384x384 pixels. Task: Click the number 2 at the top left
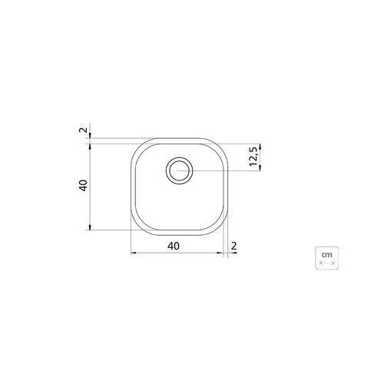tap(83, 130)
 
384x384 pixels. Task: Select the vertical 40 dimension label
tap(83, 186)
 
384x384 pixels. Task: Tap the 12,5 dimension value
tap(253, 156)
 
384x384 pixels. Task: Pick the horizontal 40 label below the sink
tap(174, 247)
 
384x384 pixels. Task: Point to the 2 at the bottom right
tap(233, 247)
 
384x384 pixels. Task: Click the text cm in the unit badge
tap(327, 255)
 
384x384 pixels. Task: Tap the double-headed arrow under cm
tap(327, 263)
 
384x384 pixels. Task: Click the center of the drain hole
tap(179, 170)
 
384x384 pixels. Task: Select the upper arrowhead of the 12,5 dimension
tap(260, 147)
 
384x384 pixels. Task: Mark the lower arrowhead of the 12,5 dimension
tap(260, 167)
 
